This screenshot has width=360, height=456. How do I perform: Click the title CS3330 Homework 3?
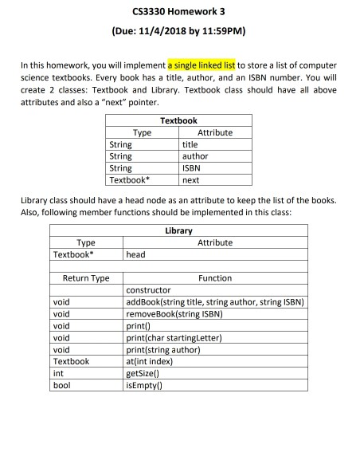click(179, 13)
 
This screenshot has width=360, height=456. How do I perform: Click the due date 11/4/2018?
click(179, 33)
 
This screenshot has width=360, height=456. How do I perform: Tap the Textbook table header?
click(178, 121)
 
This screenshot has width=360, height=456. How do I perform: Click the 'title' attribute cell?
click(190, 145)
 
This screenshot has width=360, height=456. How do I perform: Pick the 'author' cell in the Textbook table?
click(194, 157)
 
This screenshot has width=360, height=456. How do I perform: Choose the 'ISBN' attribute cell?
click(191, 169)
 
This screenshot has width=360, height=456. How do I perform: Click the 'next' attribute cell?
click(190, 181)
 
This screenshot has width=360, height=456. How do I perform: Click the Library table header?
click(178, 231)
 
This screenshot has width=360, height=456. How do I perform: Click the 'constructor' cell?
click(151, 291)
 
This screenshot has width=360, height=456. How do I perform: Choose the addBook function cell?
click(216, 303)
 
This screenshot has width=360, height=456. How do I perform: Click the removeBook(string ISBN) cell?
click(175, 315)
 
